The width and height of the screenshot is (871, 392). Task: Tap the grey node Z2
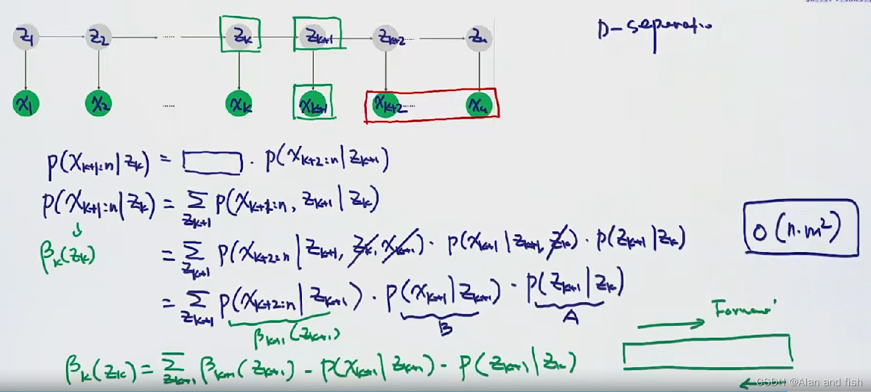pyautogui.click(x=98, y=38)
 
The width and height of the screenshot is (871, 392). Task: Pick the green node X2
pyautogui.click(x=98, y=104)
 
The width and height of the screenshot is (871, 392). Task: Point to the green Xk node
pyautogui.click(x=239, y=104)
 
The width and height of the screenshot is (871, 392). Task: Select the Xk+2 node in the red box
pyautogui.click(x=387, y=104)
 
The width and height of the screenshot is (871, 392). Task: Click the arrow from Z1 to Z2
pyautogui.click(x=61, y=38)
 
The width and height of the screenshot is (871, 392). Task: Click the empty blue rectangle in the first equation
pyautogui.click(x=213, y=162)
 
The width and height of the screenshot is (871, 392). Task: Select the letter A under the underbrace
pyautogui.click(x=570, y=317)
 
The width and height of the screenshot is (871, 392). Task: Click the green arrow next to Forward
pyautogui.click(x=671, y=323)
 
